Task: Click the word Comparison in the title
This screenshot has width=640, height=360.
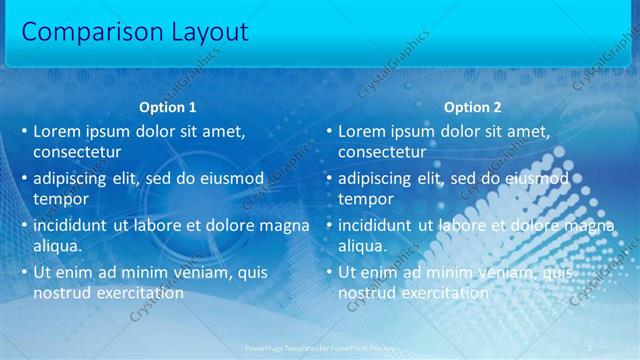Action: pyautogui.click(x=82, y=32)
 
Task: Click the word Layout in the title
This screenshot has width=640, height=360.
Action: pyautogui.click(x=198, y=32)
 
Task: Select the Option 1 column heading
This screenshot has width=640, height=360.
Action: pyautogui.click(x=167, y=107)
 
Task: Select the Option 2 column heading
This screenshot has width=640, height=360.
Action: pyautogui.click(x=472, y=107)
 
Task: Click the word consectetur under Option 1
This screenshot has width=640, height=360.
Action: pyautogui.click(x=77, y=152)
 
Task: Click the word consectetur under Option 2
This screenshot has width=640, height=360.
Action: pyautogui.click(x=382, y=152)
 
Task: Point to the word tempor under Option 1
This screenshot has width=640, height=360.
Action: pyautogui.click(x=61, y=198)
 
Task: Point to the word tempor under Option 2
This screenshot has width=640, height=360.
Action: pyautogui.click(x=366, y=198)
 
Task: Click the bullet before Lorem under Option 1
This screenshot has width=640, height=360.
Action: pyautogui.click(x=24, y=132)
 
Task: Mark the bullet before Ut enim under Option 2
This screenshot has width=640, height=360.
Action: pyautogui.click(x=329, y=272)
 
